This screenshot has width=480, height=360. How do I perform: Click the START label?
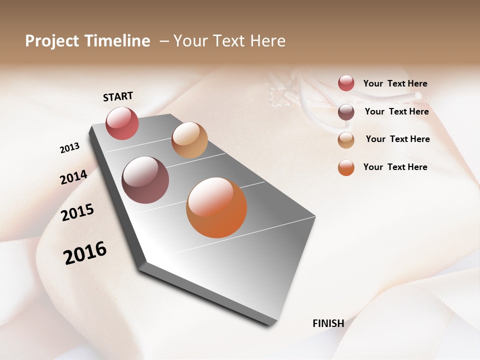pos(118,96)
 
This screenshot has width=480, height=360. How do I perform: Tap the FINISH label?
pos(328,323)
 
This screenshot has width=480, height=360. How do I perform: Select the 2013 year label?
pos(69,148)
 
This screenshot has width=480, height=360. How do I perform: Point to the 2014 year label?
pos(73,177)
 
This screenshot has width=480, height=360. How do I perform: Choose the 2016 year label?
pos(85,253)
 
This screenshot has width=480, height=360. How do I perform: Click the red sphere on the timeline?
pos(122,123)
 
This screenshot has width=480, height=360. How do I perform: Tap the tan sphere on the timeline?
pos(189,140)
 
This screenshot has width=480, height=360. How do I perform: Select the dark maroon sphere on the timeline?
pos(145,180)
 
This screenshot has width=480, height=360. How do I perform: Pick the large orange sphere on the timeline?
pos(216,207)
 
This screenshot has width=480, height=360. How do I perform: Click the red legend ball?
pos(346,83)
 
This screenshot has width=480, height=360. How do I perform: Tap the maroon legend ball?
pos(346,112)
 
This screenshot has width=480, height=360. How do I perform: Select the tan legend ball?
pos(346,140)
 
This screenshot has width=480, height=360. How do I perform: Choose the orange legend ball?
pos(346,167)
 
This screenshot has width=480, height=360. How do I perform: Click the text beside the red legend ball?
pos(395,84)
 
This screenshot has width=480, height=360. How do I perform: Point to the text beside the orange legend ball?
pos(395,167)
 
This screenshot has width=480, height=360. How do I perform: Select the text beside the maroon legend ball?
pos(396,111)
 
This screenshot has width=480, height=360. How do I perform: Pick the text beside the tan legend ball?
pos(397,139)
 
